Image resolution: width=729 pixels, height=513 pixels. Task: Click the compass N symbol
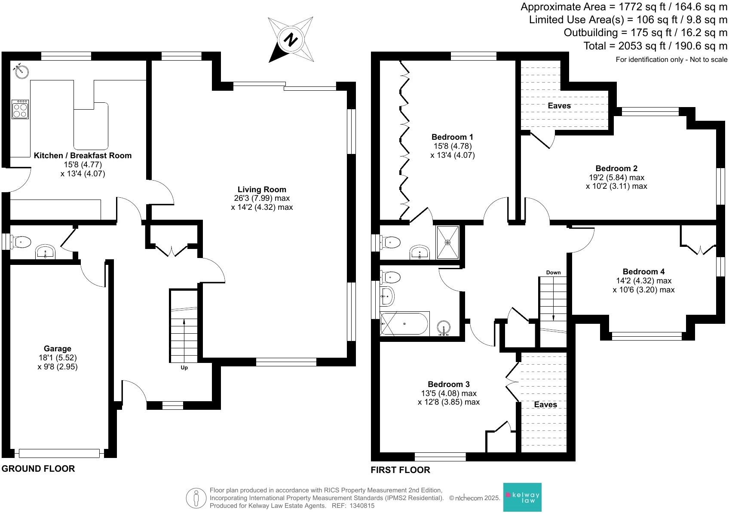point(291,40)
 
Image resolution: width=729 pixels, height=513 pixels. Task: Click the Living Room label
point(262,190)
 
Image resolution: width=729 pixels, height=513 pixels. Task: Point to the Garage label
point(57,349)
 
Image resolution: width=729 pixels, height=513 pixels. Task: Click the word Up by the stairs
point(184,368)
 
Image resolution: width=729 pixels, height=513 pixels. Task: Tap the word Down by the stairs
point(553,273)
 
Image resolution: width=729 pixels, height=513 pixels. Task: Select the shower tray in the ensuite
point(447,242)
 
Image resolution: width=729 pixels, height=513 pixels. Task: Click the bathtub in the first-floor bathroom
point(404,323)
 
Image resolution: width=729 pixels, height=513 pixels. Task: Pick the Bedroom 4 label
point(643,272)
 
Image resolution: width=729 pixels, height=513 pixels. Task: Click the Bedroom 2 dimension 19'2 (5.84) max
point(616,177)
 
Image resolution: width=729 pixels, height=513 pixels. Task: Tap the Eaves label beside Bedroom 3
point(545,405)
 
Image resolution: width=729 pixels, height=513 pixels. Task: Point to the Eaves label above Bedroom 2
point(559,105)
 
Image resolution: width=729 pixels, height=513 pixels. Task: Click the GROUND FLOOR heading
point(38,469)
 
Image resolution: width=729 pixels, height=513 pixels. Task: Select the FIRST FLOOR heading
point(400,470)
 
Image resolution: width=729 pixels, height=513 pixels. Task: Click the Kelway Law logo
point(522,497)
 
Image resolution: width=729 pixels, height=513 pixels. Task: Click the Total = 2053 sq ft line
point(655,46)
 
